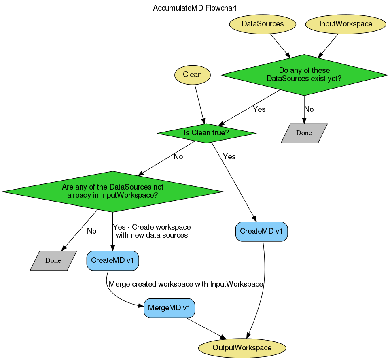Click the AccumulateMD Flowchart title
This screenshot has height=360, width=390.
click(195, 8)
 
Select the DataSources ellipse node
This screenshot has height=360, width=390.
click(263, 24)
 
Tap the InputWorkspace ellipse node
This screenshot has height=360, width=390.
click(345, 24)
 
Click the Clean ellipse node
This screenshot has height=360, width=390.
click(193, 75)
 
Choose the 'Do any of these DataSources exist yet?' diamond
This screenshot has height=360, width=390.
click(304, 75)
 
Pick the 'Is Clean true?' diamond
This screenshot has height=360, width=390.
click(206, 133)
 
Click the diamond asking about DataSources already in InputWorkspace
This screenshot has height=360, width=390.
click(112, 191)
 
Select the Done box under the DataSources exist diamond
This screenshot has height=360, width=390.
click(304, 133)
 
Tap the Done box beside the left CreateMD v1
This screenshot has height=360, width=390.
click(53, 261)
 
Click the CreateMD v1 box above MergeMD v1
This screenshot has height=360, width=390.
click(113, 260)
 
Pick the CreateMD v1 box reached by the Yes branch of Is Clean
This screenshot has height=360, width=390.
click(261, 232)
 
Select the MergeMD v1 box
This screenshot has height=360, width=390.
click(169, 308)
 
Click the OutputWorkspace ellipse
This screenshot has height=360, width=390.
click(242, 348)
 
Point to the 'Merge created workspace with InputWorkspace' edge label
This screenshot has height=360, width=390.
click(186, 284)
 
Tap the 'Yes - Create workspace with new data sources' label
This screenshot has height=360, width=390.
click(152, 231)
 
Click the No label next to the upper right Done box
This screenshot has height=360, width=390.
click(309, 109)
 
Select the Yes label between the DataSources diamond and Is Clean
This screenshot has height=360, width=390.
click(259, 109)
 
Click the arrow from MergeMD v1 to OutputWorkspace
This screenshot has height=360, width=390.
click(206, 328)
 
